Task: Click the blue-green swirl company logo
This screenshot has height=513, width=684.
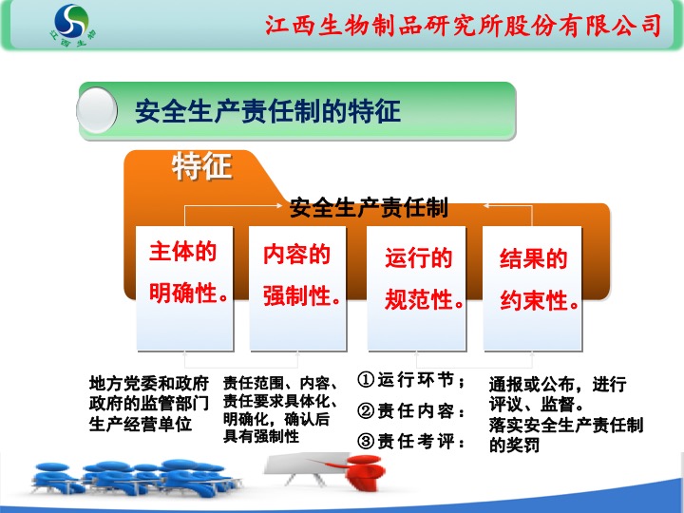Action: coord(71,26)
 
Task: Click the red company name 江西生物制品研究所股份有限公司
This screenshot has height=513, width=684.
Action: coord(464,26)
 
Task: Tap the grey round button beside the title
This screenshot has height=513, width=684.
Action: coord(97,110)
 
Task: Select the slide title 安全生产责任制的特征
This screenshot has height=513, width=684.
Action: coord(267,111)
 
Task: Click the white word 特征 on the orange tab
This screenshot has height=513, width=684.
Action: coord(201,166)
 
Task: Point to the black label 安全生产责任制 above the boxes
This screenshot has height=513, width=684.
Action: coord(369,207)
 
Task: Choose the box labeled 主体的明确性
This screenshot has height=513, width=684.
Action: coord(184,289)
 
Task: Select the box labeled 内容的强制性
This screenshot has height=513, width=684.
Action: coord(298,289)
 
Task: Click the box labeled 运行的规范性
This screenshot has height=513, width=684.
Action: coord(416,289)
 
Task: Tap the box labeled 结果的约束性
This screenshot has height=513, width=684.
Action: coord(532,289)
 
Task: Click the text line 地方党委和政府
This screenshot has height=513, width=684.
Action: coord(149,384)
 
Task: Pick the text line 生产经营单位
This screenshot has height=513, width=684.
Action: coord(141,424)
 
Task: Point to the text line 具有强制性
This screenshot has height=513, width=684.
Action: coord(261,436)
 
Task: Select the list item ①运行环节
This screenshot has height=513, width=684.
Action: coord(411,379)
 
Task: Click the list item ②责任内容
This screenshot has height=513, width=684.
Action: coord(411,410)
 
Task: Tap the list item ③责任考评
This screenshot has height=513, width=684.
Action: coord(411,441)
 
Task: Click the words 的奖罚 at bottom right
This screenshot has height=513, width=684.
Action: coord(514,445)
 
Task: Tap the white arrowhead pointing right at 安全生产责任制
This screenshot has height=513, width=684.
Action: coord(279,205)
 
